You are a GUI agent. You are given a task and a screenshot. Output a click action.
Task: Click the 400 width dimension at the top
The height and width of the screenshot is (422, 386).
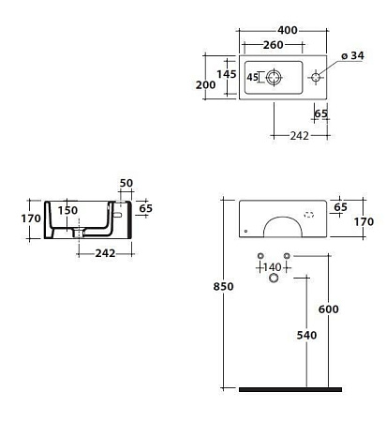coord(288,31)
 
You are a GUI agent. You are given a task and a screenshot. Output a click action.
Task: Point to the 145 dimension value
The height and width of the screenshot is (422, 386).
coord(225,73)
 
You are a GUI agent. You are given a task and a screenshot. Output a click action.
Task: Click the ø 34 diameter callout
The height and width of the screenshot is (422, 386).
coord(351,57)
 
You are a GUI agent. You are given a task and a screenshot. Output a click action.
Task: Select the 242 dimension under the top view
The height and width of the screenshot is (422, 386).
coord(301,137)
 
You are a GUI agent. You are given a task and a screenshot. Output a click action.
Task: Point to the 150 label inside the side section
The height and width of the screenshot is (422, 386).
coord(67,211)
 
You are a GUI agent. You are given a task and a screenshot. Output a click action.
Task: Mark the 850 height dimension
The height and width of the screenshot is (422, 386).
coord(214,288)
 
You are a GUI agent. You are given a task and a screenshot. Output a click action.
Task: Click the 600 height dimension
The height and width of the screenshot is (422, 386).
coord(329,309)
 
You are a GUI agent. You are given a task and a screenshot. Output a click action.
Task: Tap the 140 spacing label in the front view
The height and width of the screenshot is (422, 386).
coord(271,267)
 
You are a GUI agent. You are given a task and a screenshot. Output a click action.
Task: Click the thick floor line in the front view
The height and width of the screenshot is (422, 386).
coord(289,388)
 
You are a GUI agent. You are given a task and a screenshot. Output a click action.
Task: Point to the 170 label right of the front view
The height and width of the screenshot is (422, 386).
coord(364,222)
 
